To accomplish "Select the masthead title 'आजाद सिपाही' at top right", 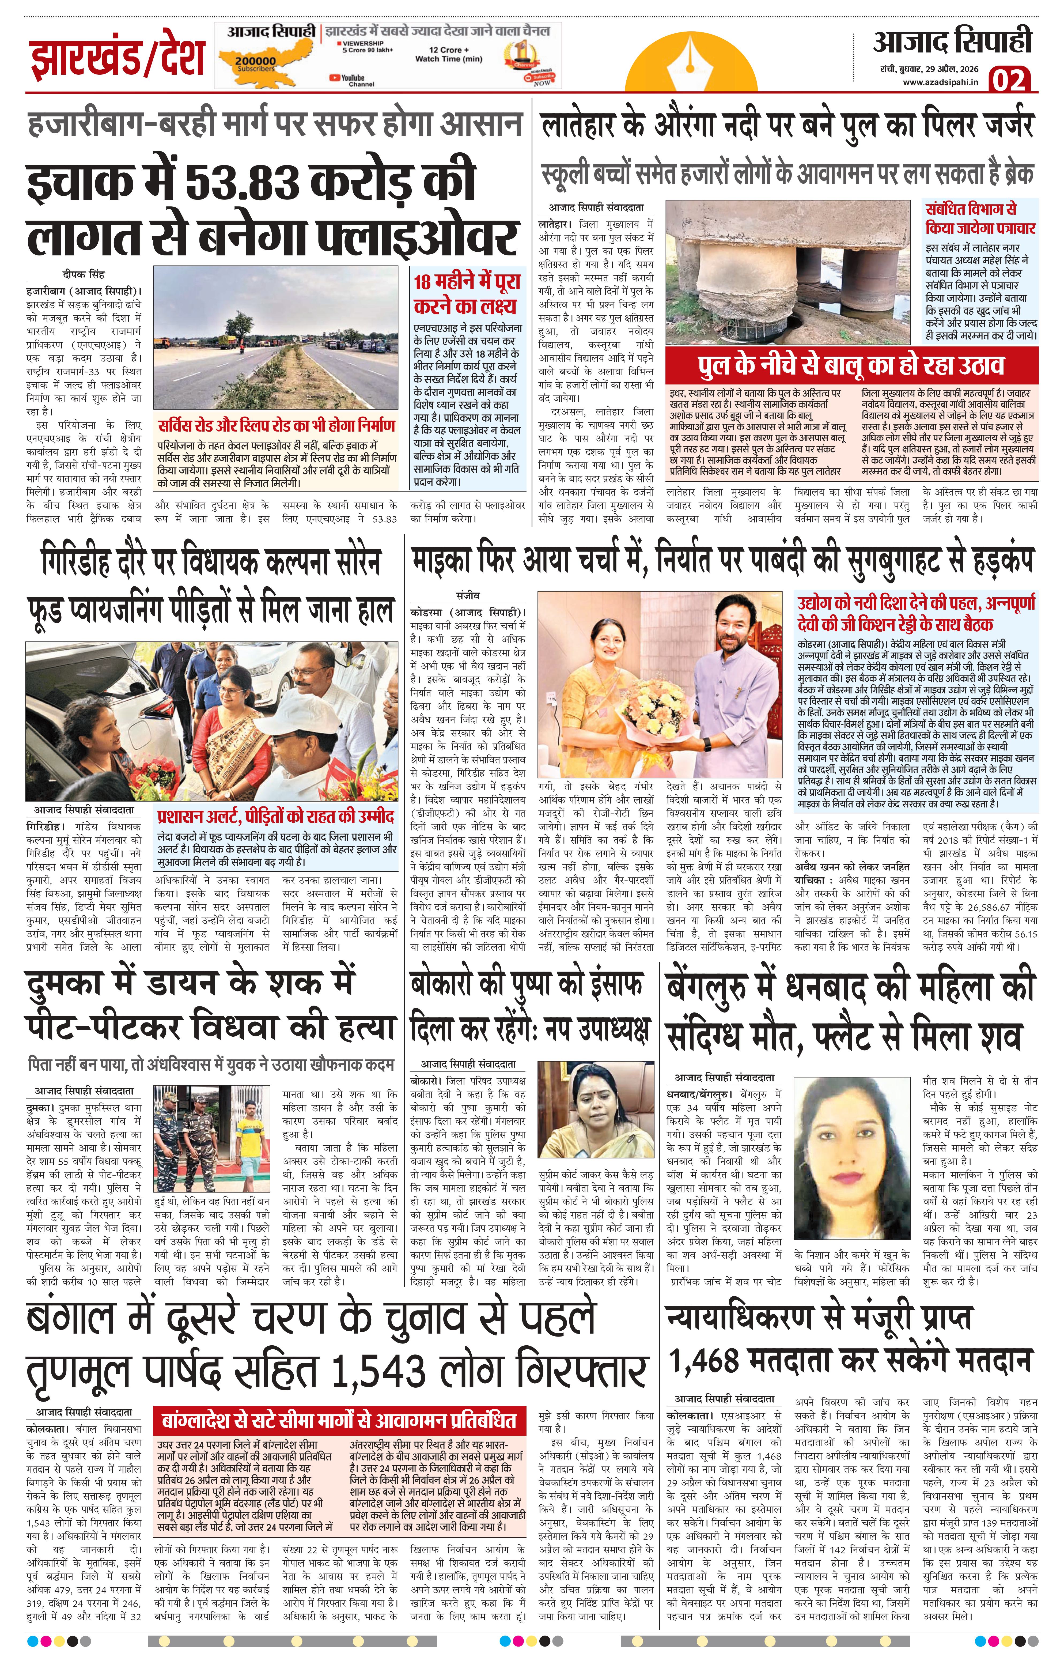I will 952,43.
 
